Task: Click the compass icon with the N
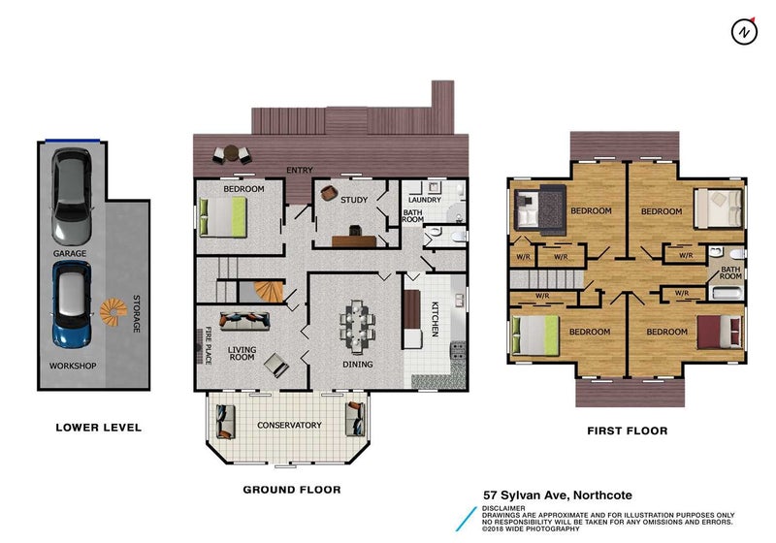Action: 744,32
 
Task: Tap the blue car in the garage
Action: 72,303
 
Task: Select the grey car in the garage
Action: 72,197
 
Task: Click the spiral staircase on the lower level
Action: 113,311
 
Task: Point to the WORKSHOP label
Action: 73,366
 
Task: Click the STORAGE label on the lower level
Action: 137,314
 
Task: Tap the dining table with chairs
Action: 357,327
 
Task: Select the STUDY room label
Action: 354,200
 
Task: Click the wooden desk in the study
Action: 354,241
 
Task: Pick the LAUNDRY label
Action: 425,200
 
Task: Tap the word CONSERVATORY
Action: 289,425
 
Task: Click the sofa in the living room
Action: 244,322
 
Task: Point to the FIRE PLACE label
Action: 209,346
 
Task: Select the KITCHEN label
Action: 435,319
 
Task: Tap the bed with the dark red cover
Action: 720,333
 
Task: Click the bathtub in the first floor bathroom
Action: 727,294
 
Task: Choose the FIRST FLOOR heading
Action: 627,431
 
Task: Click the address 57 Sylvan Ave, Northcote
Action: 558,495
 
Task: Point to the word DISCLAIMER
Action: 503,508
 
